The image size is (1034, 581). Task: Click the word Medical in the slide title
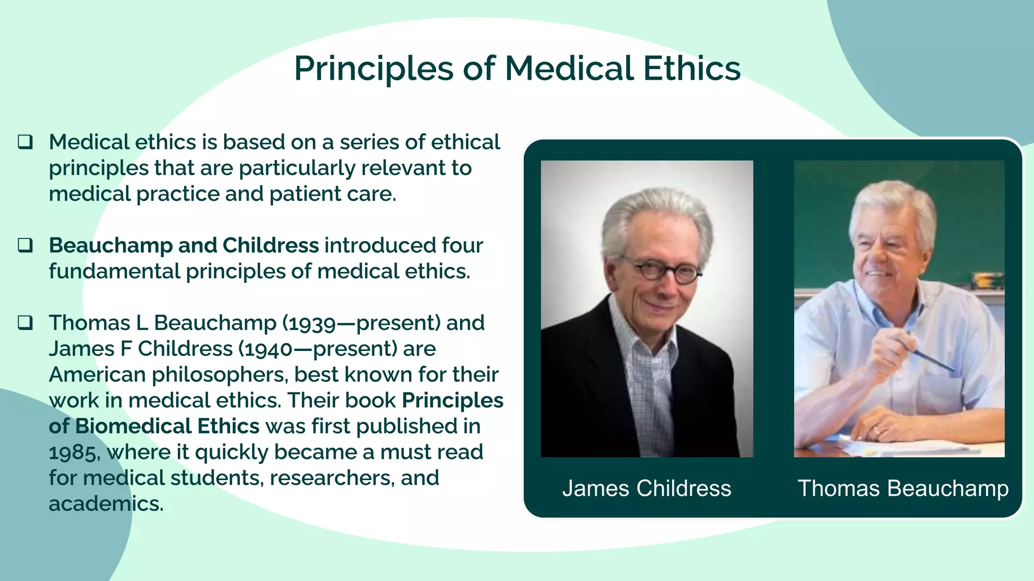click(569, 68)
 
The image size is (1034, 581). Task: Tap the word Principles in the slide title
click(374, 69)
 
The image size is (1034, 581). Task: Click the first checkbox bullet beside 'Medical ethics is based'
click(25, 142)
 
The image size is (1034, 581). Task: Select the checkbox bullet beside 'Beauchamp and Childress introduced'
click(25, 245)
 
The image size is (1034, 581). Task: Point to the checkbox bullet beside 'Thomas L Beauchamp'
click(25, 322)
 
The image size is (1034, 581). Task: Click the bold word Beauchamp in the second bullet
click(110, 246)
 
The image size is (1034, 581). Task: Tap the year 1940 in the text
click(268, 349)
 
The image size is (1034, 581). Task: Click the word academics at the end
click(106, 504)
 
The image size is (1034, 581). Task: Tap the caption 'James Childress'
click(647, 488)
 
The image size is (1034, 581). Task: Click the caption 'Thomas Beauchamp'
click(903, 488)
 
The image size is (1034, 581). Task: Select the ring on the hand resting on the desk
click(882, 432)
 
